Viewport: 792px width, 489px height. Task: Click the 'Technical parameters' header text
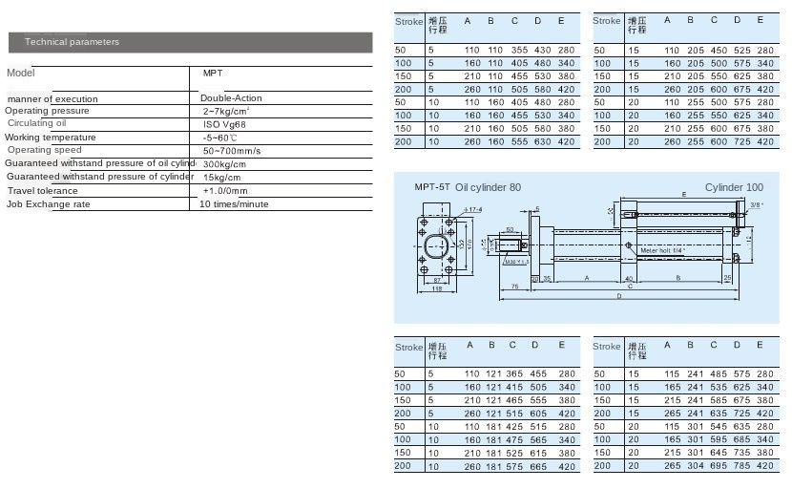point(72,42)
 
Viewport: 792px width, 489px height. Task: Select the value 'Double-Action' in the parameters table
point(231,98)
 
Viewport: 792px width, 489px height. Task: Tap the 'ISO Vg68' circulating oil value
point(225,124)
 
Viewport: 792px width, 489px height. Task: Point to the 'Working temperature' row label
point(51,138)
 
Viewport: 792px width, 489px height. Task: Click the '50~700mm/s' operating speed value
point(232,151)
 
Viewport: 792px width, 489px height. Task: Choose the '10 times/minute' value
point(234,204)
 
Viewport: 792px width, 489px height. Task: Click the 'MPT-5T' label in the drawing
point(431,188)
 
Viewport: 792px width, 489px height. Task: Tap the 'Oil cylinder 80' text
point(489,188)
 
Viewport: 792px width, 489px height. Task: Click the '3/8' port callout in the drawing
point(756,204)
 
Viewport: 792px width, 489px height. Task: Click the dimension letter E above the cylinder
point(683,195)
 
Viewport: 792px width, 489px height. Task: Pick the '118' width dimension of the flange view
point(436,288)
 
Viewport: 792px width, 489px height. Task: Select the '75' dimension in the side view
point(513,286)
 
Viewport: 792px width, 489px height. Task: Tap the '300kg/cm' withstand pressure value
point(225,164)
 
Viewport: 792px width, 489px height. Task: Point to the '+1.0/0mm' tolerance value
point(225,191)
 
